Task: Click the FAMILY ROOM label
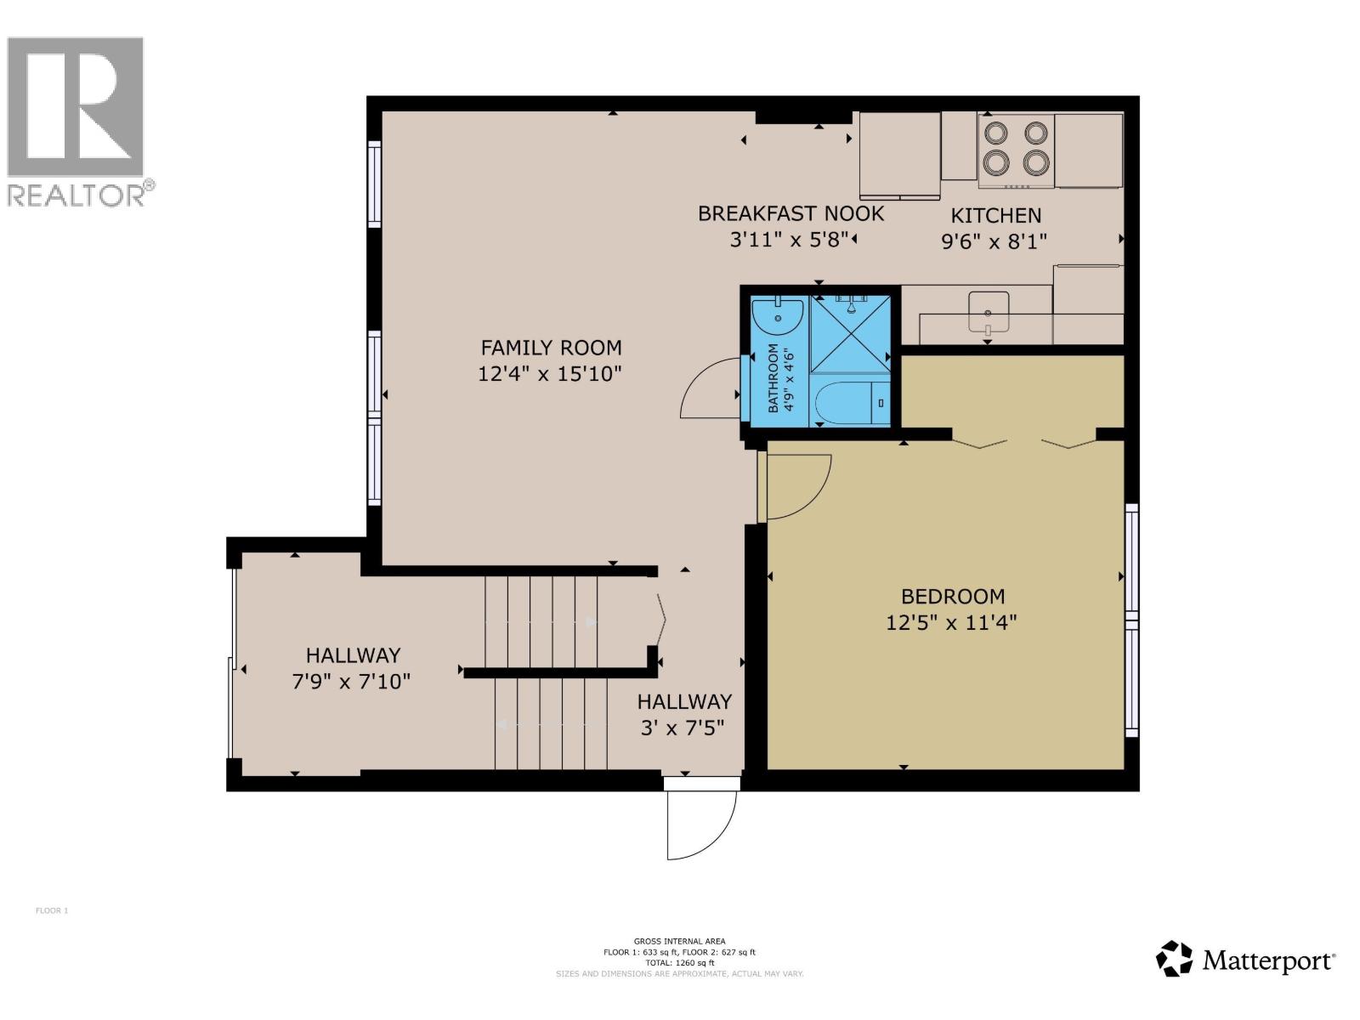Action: pyautogui.click(x=551, y=348)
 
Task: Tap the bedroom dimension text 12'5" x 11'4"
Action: pyautogui.click(x=951, y=623)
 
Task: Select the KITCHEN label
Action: pyautogui.click(x=995, y=216)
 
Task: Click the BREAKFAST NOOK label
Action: pyautogui.click(x=790, y=213)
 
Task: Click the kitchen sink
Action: pyautogui.click(x=989, y=311)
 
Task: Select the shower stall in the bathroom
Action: pyautogui.click(x=850, y=333)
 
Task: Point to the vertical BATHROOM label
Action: pyautogui.click(x=773, y=378)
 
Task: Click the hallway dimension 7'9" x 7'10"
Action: pyautogui.click(x=352, y=682)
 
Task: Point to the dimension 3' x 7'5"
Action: pyautogui.click(x=684, y=728)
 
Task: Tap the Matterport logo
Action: pyautogui.click(x=1246, y=960)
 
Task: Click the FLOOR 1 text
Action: pyautogui.click(x=51, y=911)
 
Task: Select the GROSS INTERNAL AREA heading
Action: pyautogui.click(x=679, y=941)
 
